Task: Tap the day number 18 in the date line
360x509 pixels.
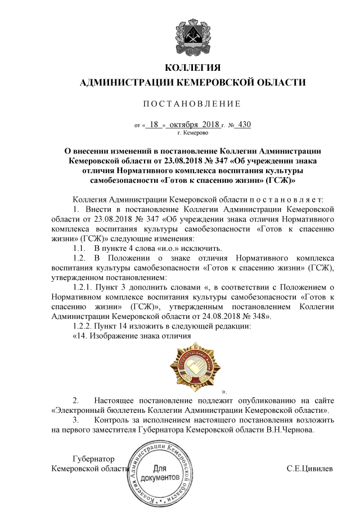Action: [x=155, y=125]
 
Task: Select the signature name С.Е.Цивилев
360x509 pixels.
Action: [x=310, y=469]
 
